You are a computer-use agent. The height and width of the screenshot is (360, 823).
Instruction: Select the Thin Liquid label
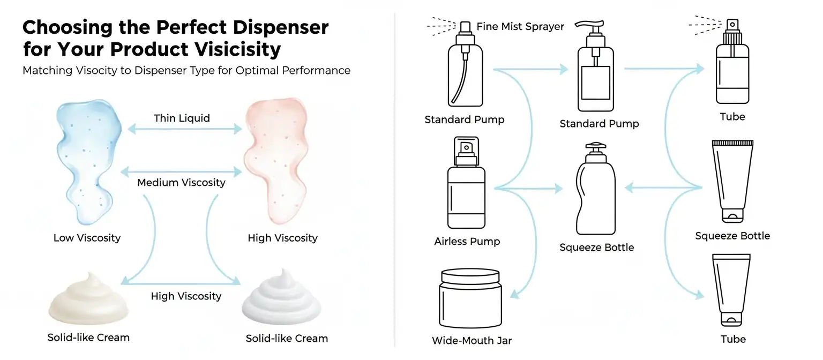click(182, 118)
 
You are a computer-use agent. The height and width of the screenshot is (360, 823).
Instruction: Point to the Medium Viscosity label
click(181, 183)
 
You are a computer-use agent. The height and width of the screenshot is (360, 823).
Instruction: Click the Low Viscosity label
click(87, 238)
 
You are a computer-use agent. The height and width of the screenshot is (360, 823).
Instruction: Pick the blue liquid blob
click(88, 161)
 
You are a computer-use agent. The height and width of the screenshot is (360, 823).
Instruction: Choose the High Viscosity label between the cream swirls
click(186, 296)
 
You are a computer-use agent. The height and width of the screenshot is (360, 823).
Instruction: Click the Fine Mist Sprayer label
click(520, 26)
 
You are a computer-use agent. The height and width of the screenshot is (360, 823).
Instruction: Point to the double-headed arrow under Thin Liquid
click(181, 129)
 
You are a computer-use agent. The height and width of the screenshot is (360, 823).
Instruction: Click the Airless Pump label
click(467, 242)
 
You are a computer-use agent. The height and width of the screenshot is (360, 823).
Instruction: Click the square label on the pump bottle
click(595, 82)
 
